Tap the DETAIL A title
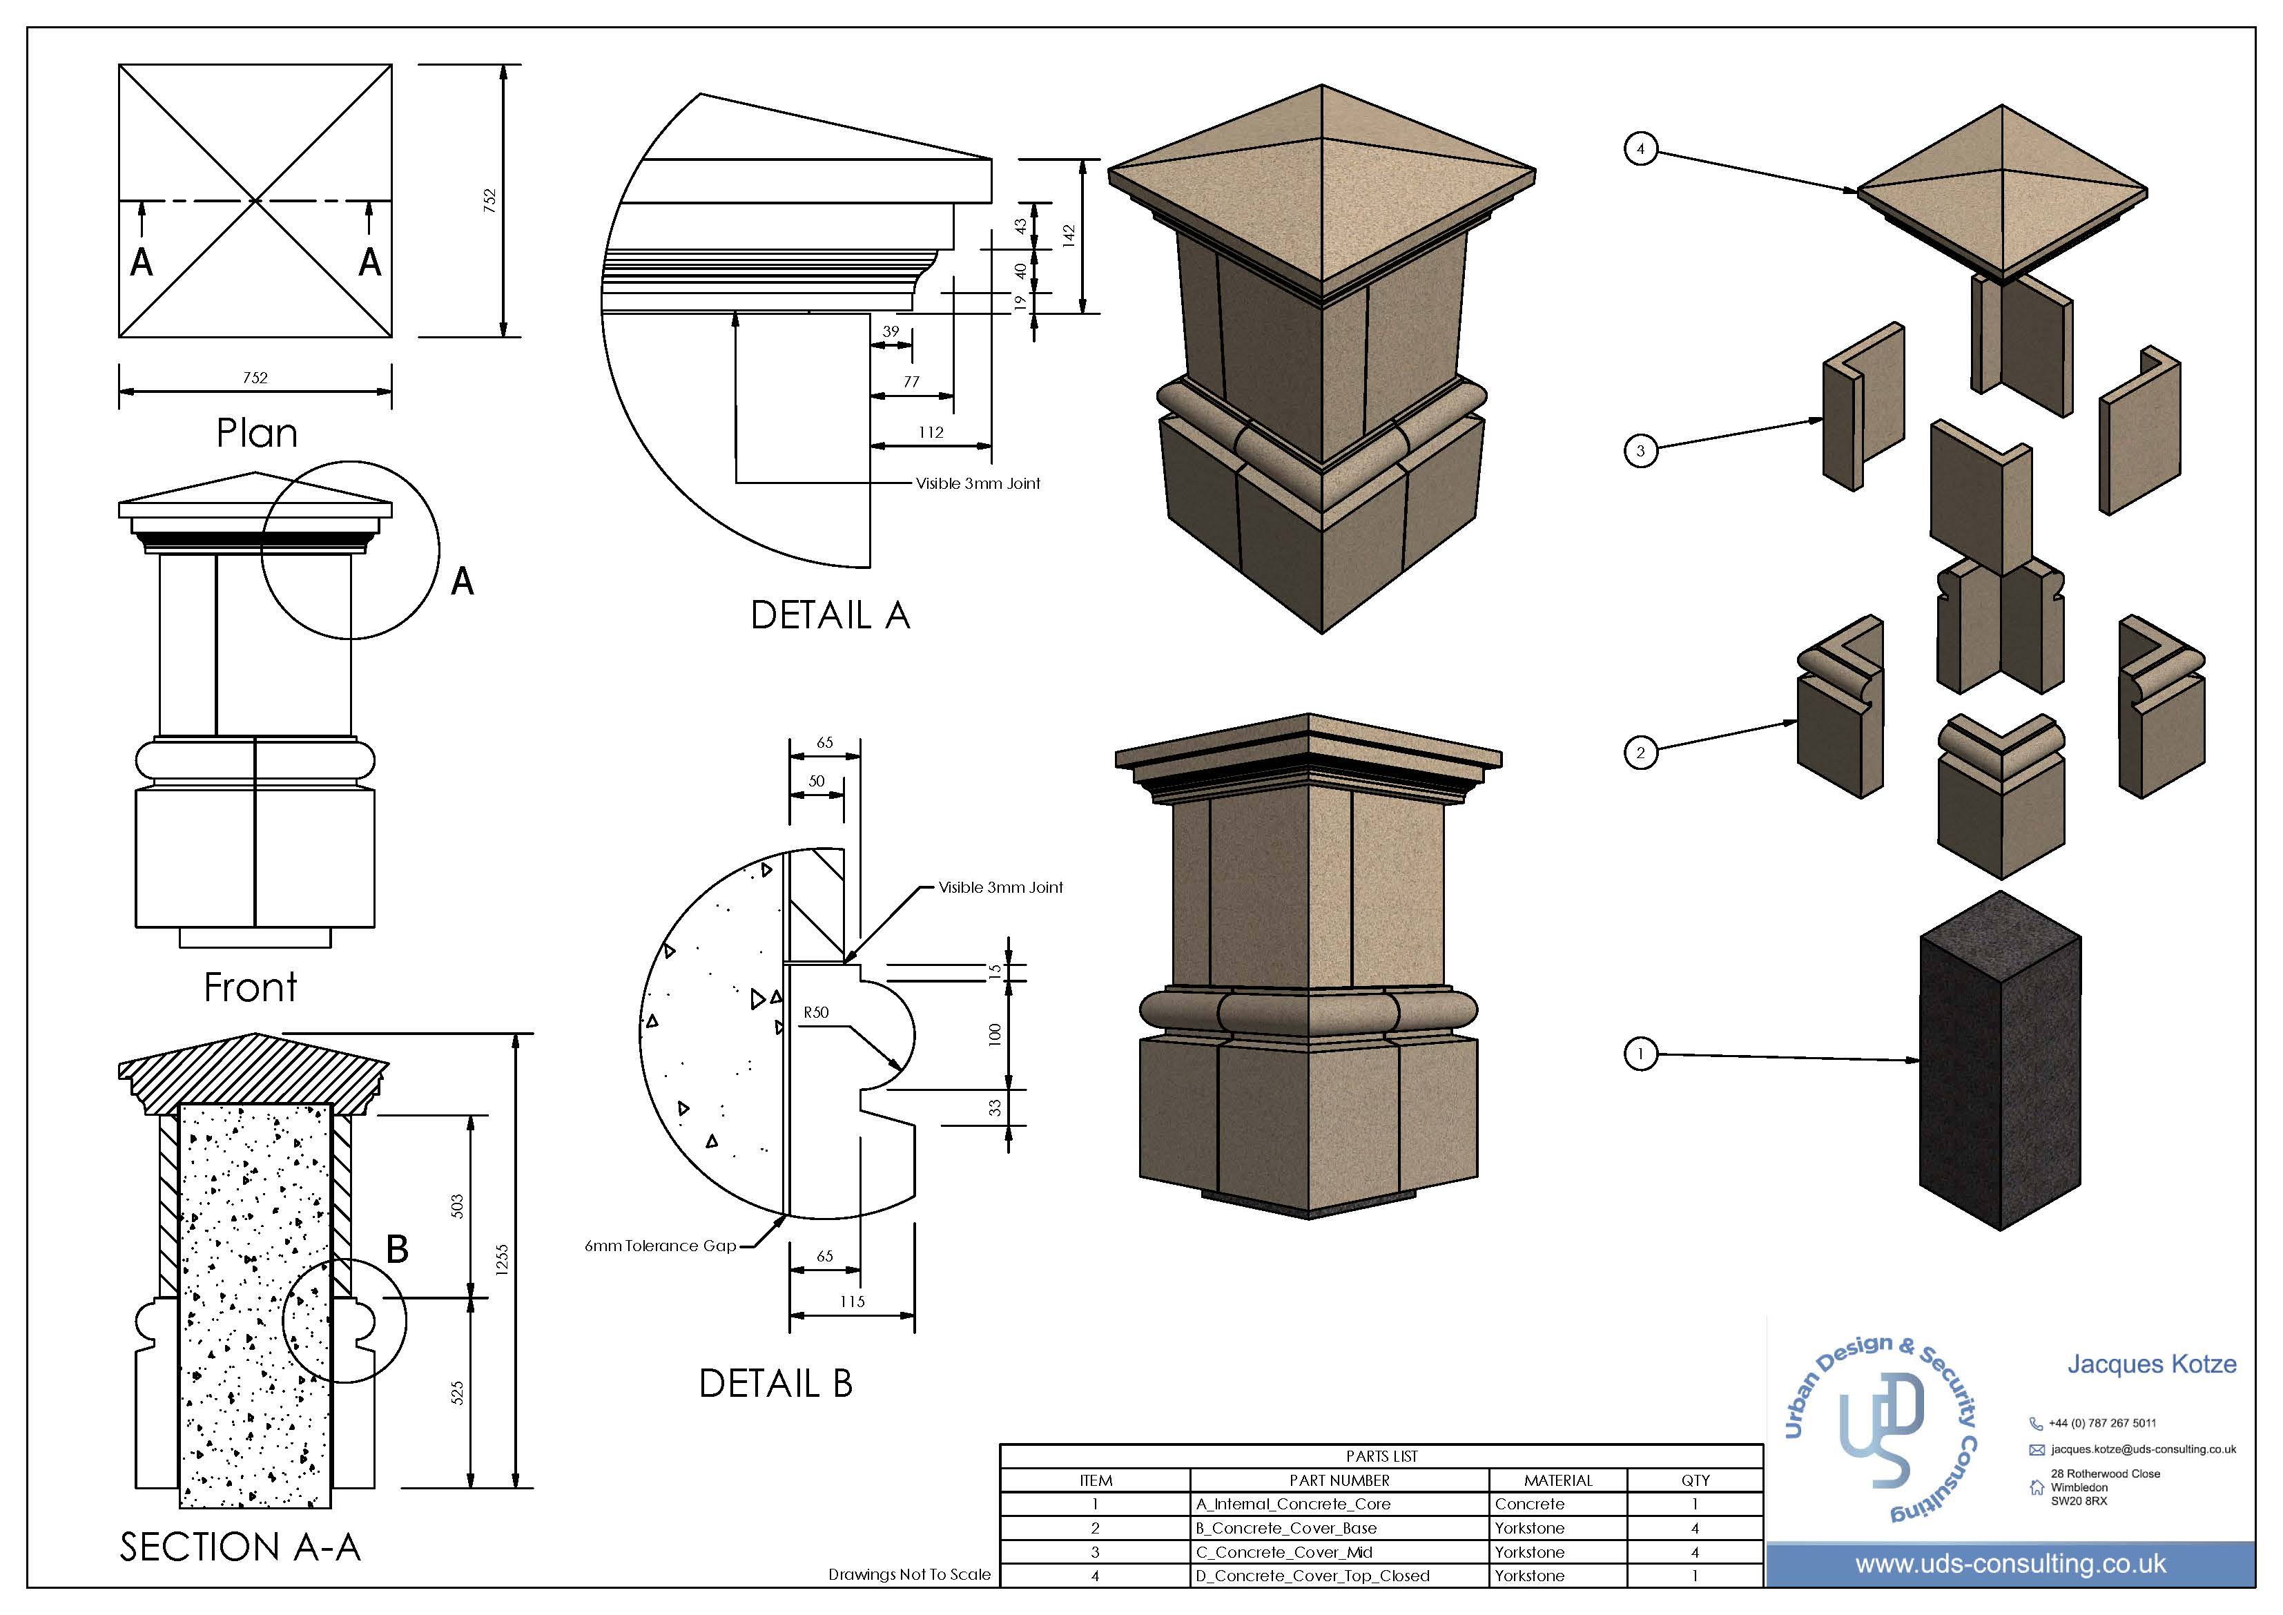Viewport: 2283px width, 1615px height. pyautogui.click(x=830, y=616)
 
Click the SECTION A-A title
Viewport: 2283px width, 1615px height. pyautogui.click(x=240, y=1547)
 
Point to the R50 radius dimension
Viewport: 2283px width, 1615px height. pyautogui.click(x=815, y=1012)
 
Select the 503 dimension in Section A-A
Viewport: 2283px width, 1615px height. pyautogui.click(x=458, y=1206)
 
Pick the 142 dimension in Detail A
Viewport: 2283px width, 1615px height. pyautogui.click(x=1069, y=235)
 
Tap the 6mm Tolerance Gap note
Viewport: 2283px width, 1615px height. pyautogui.click(x=660, y=1245)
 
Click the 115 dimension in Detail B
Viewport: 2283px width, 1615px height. pyautogui.click(x=852, y=1301)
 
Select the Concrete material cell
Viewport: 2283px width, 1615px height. pyautogui.click(x=1529, y=1504)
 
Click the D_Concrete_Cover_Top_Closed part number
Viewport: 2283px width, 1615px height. pyautogui.click(x=1312, y=1575)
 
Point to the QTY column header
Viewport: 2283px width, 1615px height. pyautogui.click(x=1696, y=1480)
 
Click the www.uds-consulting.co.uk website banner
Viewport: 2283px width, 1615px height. pyautogui.click(x=2010, y=1565)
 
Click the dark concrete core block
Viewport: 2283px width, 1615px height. pyautogui.click(x=1999, y=1074)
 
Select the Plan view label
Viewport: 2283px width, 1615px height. pyautogui.click(x=257, y=433)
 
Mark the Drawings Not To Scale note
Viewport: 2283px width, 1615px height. pyautogui.click(x=909, y=1574)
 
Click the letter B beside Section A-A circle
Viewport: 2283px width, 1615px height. pyautogui.click(x=397, y=1249)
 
